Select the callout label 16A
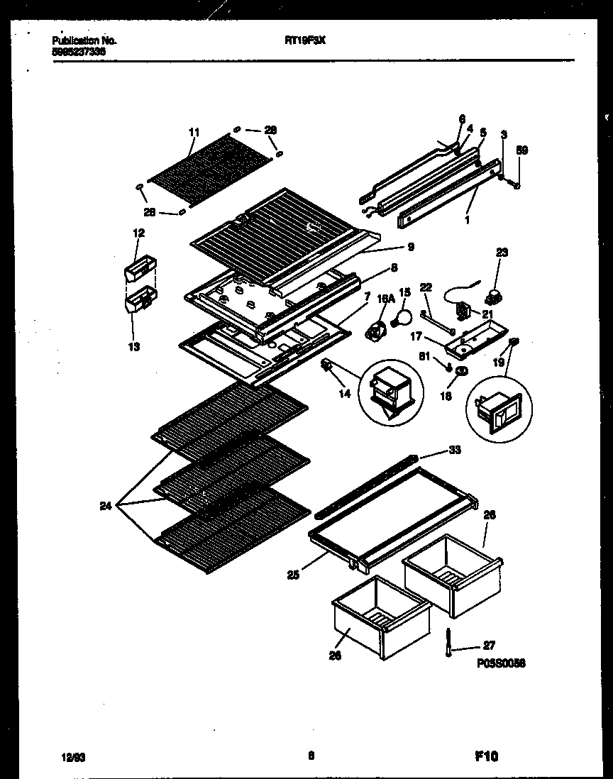385,300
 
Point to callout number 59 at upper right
521,150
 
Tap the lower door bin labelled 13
140,302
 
